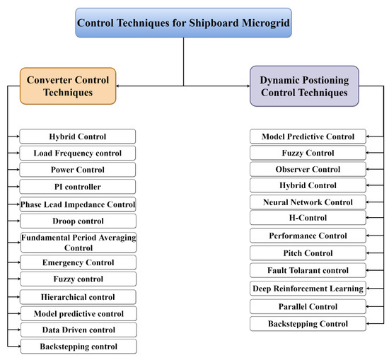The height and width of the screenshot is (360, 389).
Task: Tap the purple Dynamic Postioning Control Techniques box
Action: point(303,86)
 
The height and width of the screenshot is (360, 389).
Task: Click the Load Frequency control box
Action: point(78,153)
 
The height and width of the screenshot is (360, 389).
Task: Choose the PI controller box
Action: point(78,187)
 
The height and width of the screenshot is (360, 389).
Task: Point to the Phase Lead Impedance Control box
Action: point(78,204)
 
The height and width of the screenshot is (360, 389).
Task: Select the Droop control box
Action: point(78,221)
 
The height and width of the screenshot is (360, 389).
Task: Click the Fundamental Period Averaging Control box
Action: point(78,242)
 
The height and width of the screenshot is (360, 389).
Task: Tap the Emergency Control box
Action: point(78,262)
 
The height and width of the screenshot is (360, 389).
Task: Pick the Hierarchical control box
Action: point(78,297)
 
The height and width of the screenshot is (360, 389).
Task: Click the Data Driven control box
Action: point(78,330)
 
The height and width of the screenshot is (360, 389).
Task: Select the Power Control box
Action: point(78,170)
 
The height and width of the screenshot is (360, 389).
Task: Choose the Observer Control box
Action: point(308,169)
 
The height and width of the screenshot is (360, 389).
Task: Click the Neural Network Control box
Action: point(308,202)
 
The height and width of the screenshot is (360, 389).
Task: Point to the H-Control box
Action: point(308,218)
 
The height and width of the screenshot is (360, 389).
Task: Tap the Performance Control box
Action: point(308,236)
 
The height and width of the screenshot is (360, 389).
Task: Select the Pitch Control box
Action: point(308,253)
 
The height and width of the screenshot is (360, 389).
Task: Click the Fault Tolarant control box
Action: point(308,270)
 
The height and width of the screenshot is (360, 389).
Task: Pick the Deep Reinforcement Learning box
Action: point(308,289)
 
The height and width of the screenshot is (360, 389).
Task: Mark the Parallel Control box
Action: point(308,306)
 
